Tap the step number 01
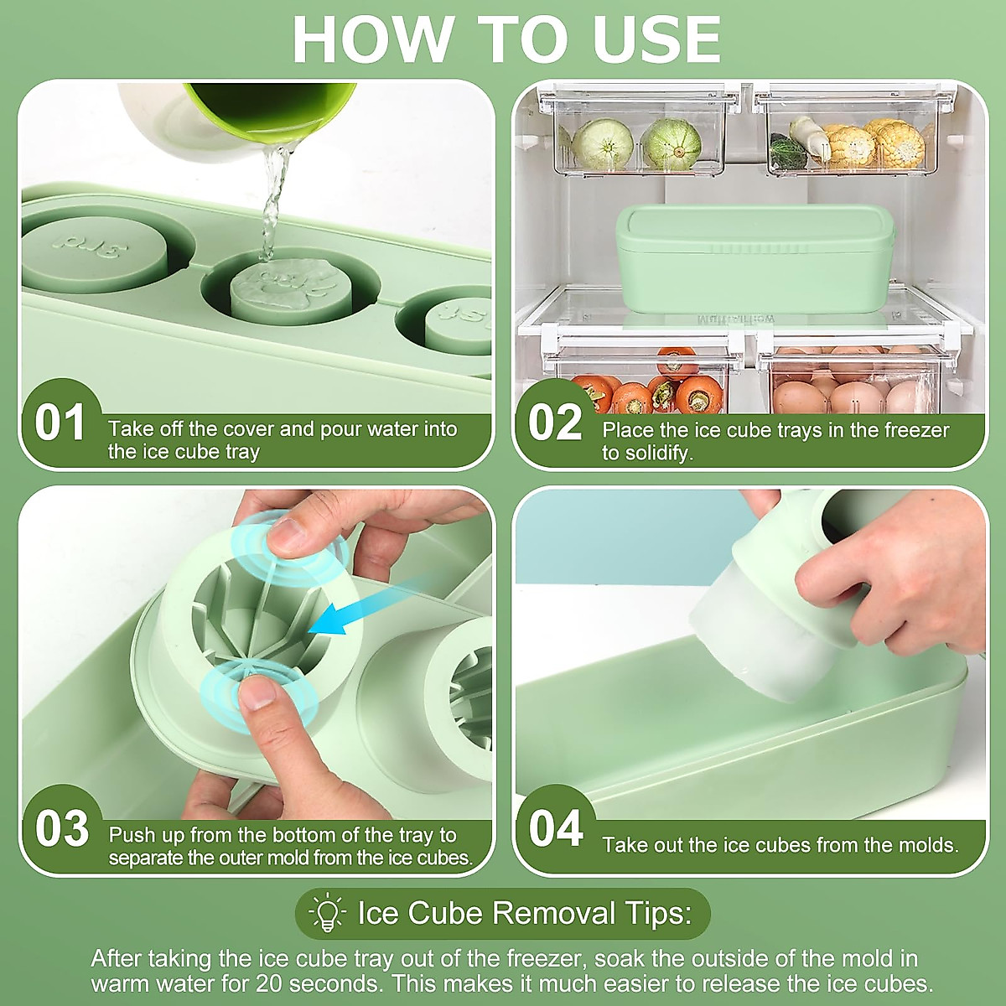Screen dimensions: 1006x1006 60,423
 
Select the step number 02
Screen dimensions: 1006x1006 554,423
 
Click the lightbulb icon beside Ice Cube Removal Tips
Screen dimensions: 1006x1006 327,913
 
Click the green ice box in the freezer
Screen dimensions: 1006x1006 754,259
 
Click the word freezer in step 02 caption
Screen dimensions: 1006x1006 916,430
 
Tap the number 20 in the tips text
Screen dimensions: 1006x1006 269,983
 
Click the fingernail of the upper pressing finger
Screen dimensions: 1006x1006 284,532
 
